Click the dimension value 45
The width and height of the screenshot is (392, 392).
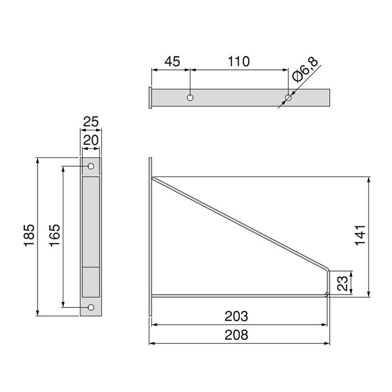(x=171, y=61)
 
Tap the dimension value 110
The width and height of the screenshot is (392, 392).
(x=239, y=61)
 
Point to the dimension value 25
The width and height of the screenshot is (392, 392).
(x=90, y=121)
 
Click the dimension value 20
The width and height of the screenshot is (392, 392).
(x=90, y=141)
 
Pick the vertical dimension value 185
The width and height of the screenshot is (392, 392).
(x=29, y=236)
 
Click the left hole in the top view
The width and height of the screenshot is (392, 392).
(x=190, y=98)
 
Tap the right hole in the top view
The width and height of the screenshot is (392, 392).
(x=288, y=99)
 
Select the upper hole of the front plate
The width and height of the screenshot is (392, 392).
(x=91, y=166)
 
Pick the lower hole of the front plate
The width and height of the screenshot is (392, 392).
(x=91, y=307)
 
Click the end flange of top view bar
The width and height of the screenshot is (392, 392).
(x=150, y=98)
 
